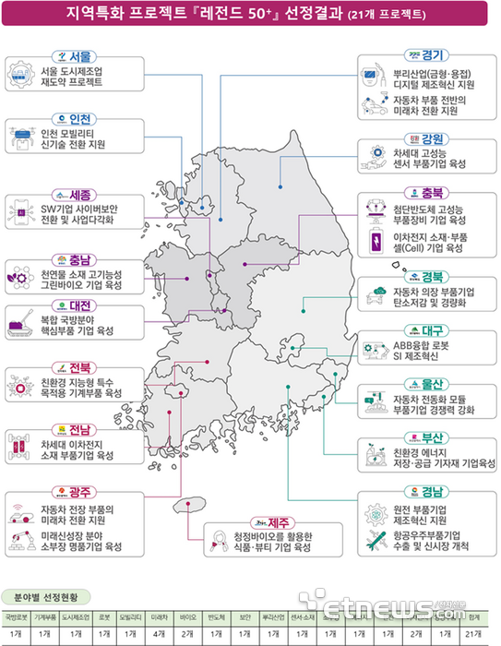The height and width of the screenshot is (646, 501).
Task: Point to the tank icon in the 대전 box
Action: (x=20, y=323)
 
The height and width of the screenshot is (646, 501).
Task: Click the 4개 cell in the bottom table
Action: (x=159, y=634)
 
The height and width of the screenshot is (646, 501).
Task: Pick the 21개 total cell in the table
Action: (x=474, y=634)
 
